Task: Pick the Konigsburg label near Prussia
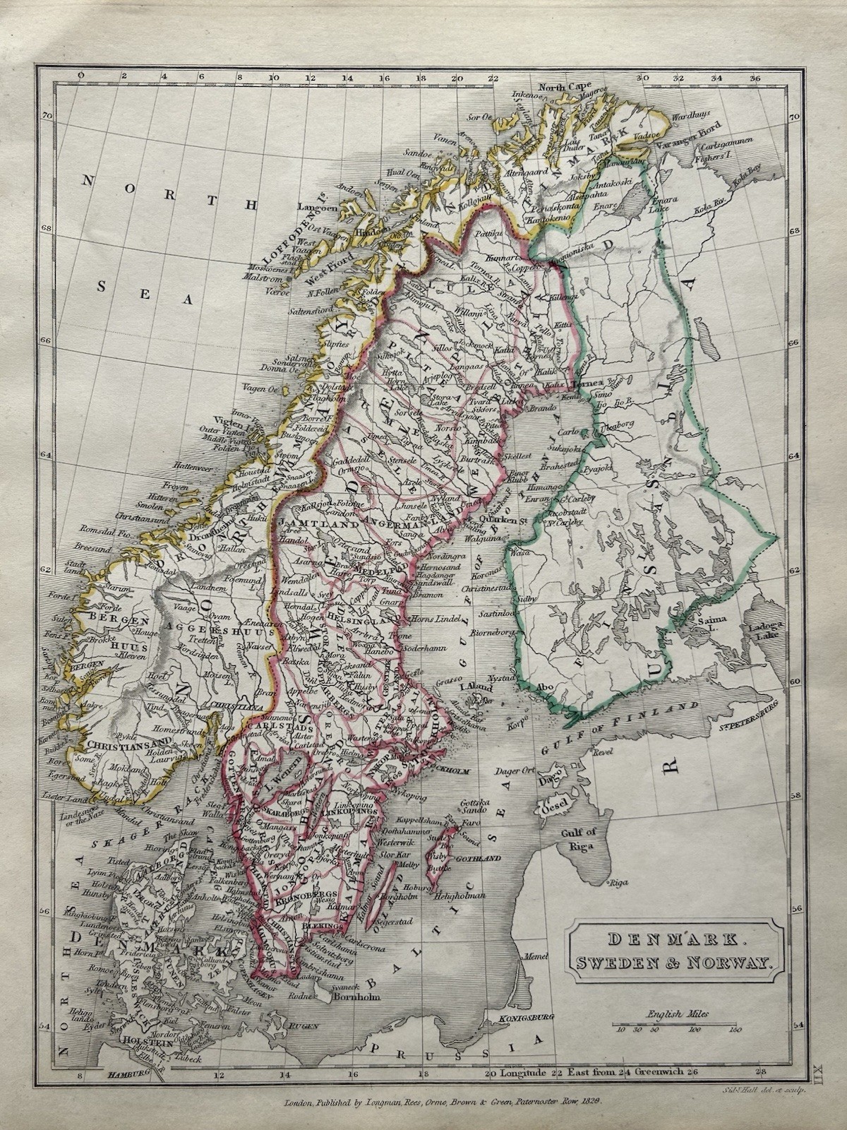(x=525, y=1018)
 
